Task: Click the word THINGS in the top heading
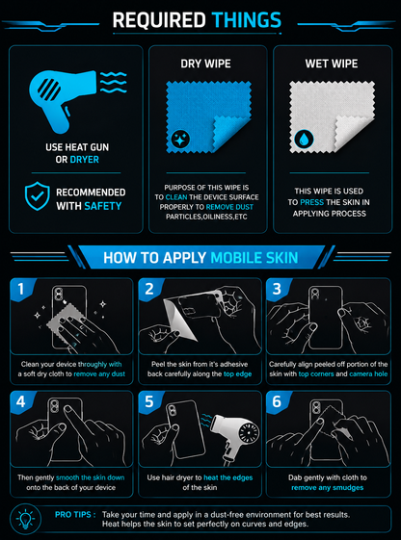[x=247, y=20]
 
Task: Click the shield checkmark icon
[x=38, y=196]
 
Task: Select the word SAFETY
[x=103, y=206]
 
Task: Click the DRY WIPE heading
[x=206, y=64]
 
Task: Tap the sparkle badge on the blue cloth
[x=180, y=139]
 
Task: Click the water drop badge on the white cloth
[x=304, y=140]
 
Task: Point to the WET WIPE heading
[x=332, y=64]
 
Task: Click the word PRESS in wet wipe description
[x=311, y=202]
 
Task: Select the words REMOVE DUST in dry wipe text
[x=229, y=207]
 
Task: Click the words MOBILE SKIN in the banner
[x=254, y=258]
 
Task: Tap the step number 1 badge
[x=20, y=289]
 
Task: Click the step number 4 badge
[x=20, y=401]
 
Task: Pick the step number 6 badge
[x=277, y=401]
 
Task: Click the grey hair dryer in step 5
[x=234, y=435]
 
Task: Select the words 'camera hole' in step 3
[x=368, y=374]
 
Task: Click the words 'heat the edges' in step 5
[x=227, y=477]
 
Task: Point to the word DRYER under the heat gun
[x=85, y=160]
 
